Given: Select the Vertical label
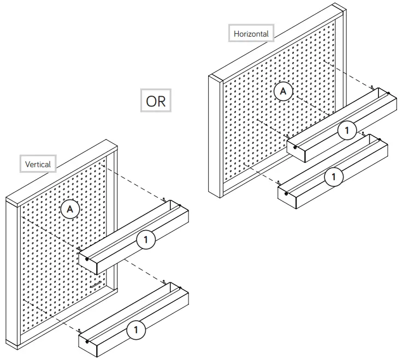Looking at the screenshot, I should coord(38,164).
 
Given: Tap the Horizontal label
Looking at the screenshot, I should coord(251,33).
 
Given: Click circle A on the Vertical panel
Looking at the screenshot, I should coord(69,208).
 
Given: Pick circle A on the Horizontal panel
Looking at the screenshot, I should coord(282,91).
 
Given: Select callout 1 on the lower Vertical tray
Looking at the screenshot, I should coord(135,329).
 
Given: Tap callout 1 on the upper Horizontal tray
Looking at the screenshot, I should coord(346,130).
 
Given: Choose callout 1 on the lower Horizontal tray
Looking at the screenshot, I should coord(334,176).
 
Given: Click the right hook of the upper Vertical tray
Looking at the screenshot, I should coord(164,200).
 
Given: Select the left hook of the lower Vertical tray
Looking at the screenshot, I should coord(80,330).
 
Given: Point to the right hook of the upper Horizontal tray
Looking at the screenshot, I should coord(371,87).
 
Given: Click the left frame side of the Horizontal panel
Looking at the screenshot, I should coord(215,137).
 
